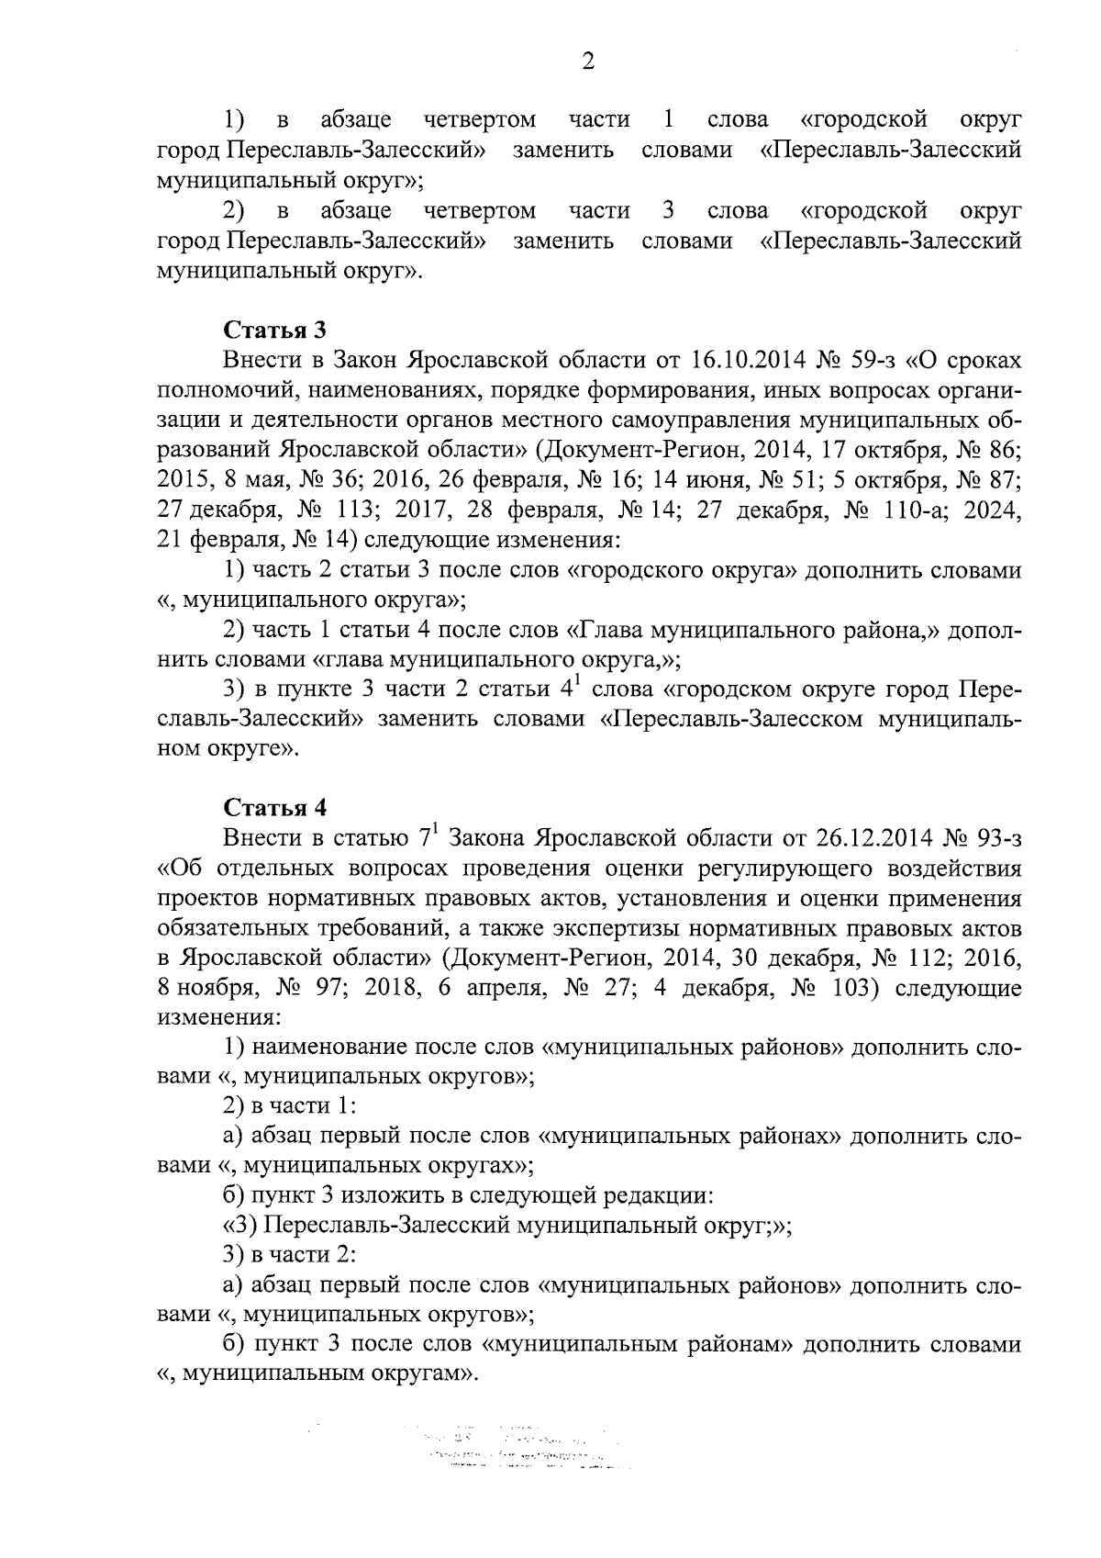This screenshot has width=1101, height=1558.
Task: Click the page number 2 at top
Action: point(588,62)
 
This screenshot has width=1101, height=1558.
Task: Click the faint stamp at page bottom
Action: point(514,1451)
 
